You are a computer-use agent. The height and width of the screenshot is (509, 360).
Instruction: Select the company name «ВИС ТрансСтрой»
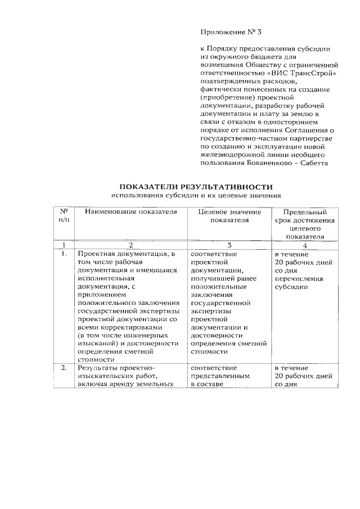click(308, 73)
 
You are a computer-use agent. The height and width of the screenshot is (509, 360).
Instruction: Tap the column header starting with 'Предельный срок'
click(304, 224)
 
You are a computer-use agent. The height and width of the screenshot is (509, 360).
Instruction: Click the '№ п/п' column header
click(64, 216)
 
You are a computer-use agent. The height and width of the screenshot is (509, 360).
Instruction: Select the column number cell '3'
click(229, 245)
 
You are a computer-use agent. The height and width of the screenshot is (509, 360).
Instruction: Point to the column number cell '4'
click(304, 245)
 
